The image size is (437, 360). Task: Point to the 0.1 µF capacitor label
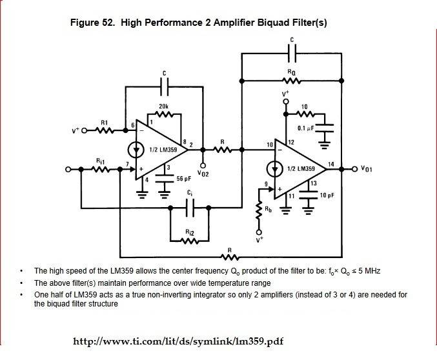point(305,128)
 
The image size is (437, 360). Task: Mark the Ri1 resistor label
point(101,160)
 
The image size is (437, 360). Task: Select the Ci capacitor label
point(189,193)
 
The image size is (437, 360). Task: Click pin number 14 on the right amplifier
point(331,165)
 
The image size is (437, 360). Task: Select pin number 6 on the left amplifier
point(132,125)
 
